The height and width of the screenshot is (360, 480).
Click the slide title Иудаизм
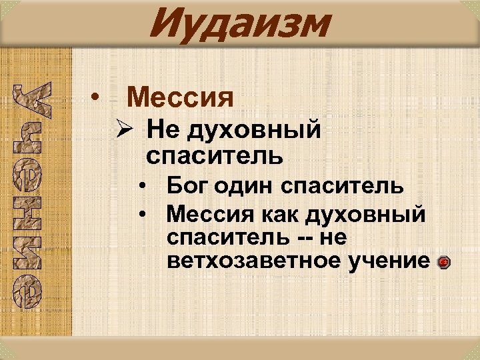tap(239, 24)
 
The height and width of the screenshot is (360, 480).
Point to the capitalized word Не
tap(161, 129)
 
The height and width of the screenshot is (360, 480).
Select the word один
tap(248, 185)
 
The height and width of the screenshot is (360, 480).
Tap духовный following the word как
tap(366, 215)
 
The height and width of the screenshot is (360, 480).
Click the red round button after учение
tap(445, 263)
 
